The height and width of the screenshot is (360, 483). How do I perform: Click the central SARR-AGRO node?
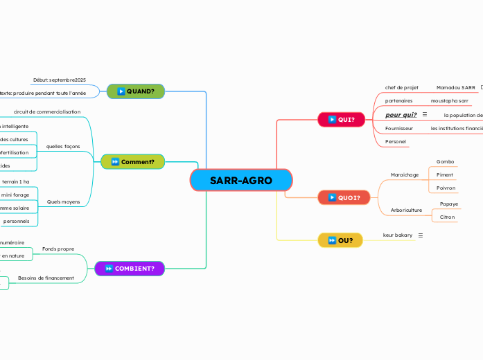[241, 180]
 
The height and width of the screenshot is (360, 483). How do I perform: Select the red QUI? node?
[341, 119]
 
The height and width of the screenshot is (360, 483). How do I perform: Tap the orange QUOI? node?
[340, 197]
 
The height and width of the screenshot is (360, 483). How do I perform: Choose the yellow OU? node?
[340, 240]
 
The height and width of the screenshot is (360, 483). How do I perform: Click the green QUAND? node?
[136, 91]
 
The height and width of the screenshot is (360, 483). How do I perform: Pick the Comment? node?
[132, 162]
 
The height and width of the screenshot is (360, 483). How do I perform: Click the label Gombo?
[445, 161]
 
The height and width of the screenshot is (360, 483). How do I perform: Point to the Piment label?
[445, 174]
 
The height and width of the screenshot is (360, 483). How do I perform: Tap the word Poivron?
[446, 188]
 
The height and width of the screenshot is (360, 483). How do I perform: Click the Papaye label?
[449, 204]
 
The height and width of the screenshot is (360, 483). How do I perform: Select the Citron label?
[448, 217]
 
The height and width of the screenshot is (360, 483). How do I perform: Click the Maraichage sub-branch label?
[405, 174]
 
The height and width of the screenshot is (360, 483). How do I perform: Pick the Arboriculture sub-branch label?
[406, 210]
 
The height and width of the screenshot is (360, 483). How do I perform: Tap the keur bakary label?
[398, 235]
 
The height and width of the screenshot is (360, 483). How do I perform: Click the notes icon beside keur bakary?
[421, 235]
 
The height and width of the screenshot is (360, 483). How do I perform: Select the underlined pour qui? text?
[401, 114]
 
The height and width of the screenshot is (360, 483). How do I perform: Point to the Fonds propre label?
[58, 248]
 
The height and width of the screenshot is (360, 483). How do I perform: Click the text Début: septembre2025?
[59, 80]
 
